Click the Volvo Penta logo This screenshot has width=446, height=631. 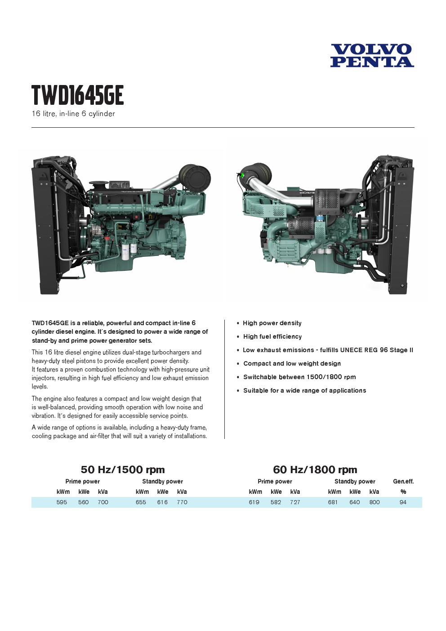coord(372,55)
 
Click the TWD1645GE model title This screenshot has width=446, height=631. coord(77,95)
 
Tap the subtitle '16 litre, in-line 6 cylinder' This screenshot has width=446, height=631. coord(73,114)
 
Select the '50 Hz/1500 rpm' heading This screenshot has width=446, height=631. coord(123,470)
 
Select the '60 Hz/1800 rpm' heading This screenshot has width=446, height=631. coord(315,470)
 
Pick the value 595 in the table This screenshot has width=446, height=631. coord(62,502)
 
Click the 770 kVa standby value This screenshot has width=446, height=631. coord(182,502)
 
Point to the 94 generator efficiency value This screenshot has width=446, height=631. coord(403,502)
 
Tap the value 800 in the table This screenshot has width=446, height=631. coord(375,502)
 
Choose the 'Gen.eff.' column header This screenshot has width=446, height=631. coord(403,481)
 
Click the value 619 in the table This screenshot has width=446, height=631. coord(254,502)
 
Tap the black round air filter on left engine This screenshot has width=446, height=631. coord(195,178)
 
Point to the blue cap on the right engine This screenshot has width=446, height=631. coord(321,218)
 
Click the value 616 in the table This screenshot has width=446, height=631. coord(162,502)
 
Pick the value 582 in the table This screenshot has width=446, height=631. coord(276,502)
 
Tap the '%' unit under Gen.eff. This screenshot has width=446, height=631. coord(403,492)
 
